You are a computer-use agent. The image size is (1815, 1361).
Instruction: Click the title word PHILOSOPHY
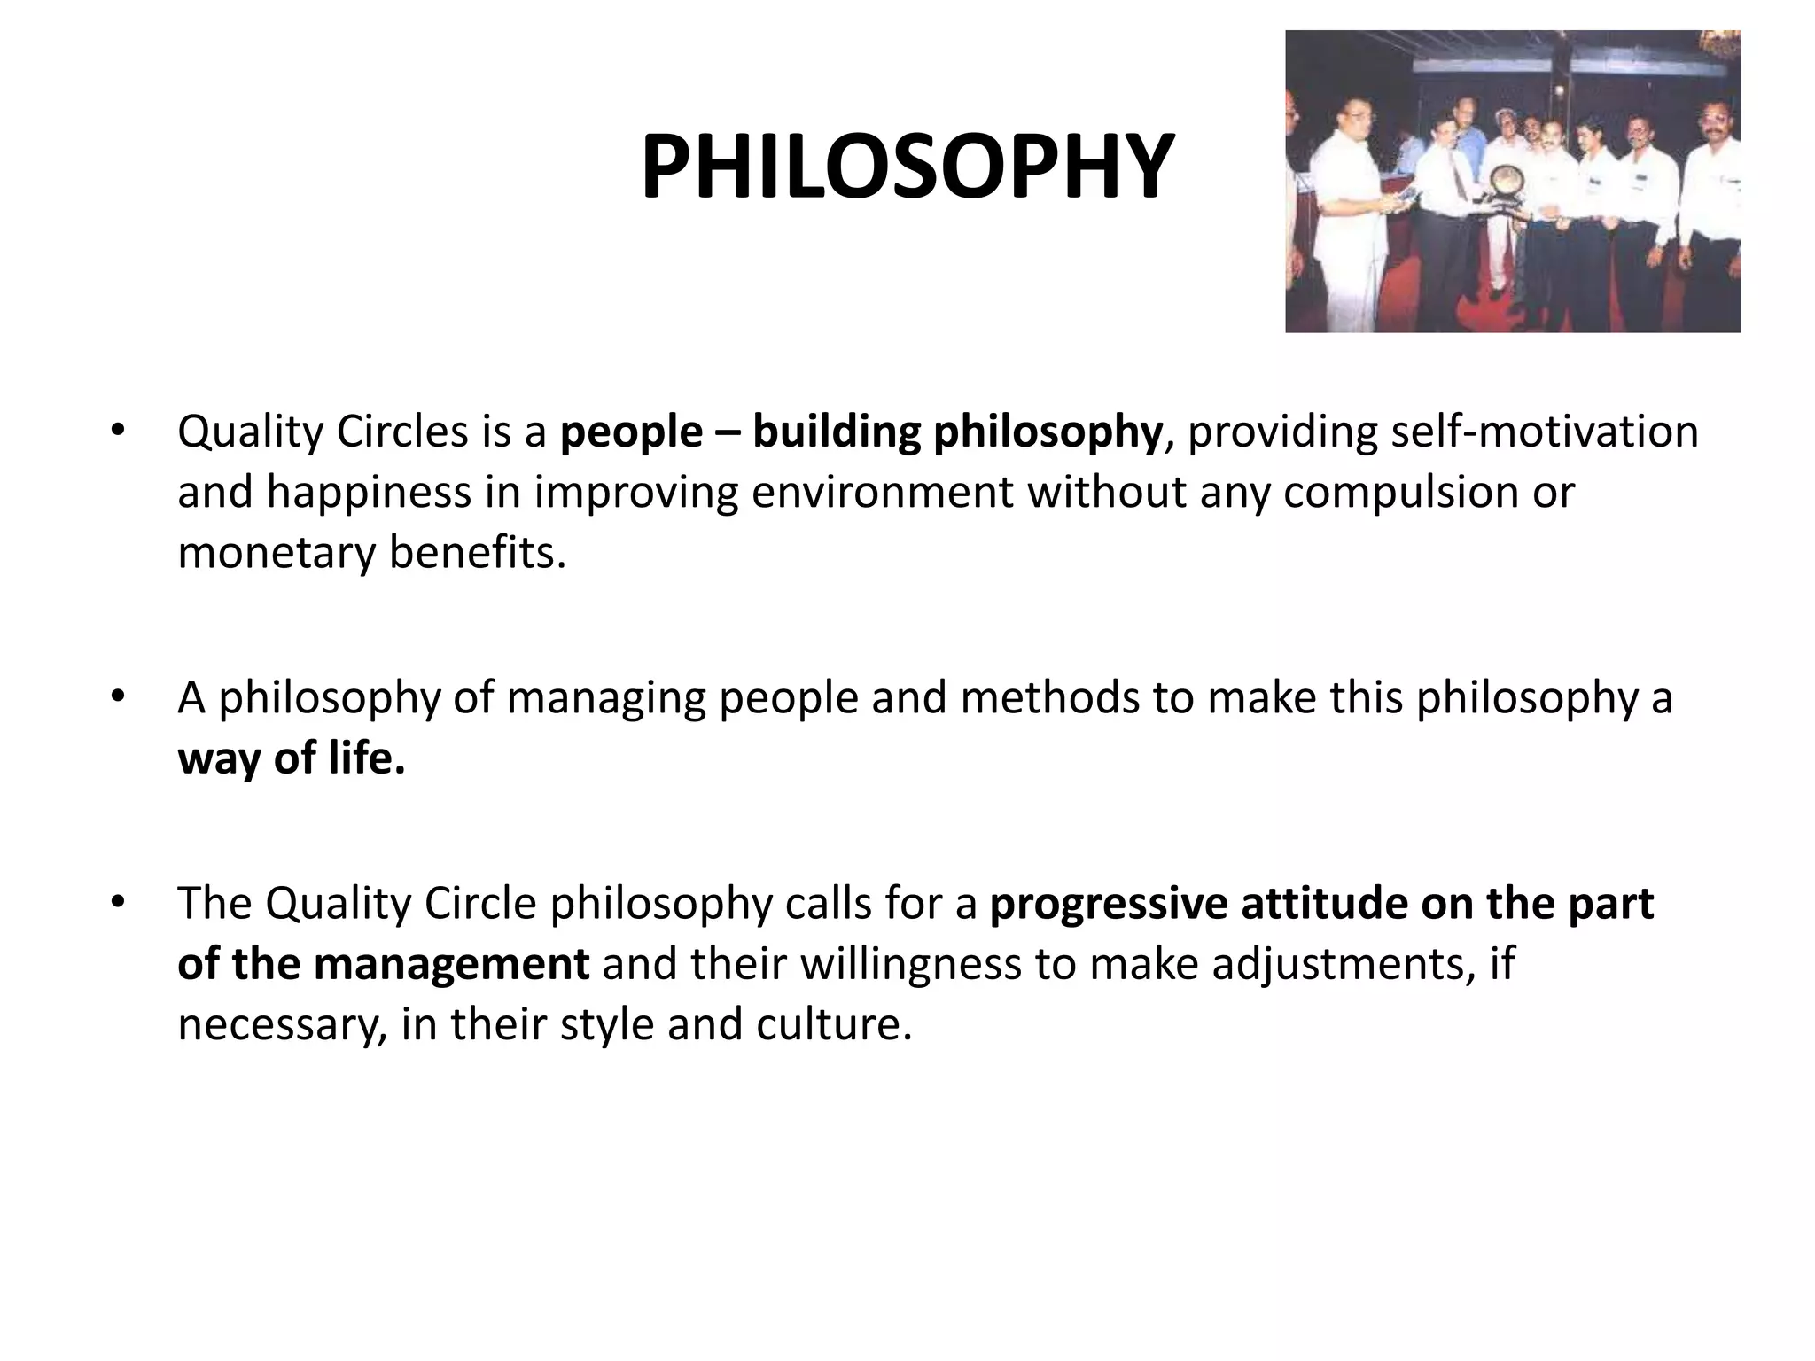coord(907,167)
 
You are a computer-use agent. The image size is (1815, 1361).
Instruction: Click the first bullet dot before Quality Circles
coord(116,432)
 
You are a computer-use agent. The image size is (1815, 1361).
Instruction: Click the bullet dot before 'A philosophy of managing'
coord(116,697)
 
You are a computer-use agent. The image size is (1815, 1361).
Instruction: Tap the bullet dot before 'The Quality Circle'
coord(116,903)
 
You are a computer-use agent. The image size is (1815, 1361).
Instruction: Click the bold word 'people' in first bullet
coord(631,432)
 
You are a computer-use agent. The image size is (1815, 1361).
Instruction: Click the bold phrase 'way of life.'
coord(292,758)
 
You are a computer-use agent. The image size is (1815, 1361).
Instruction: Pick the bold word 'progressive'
coord(1108,904)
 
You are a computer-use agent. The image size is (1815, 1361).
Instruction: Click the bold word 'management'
coord(451,964)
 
